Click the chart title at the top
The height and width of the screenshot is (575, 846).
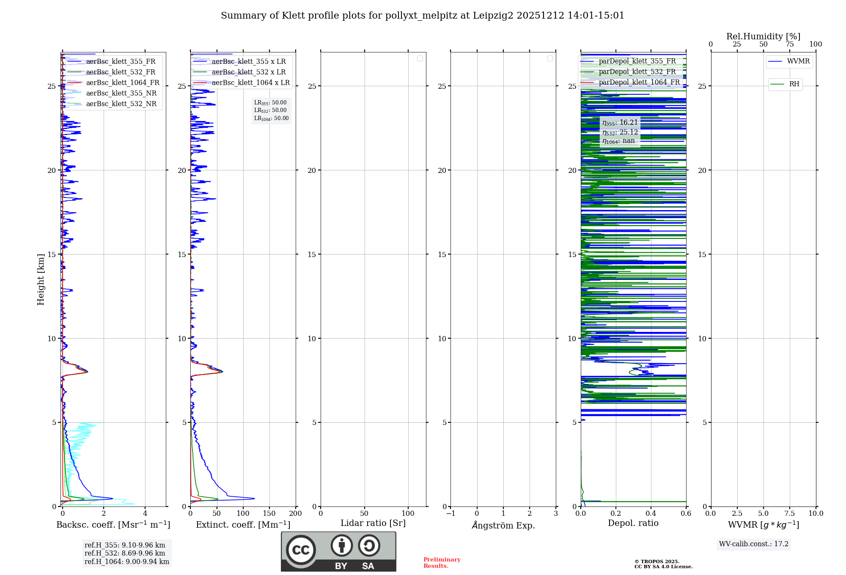tap(423, 16)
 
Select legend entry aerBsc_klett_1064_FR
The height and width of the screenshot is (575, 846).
tap(122, 83)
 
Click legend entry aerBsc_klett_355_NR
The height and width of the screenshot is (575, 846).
tap(121, 93)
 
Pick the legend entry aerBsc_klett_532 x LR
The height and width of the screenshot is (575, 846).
tap(248, 72)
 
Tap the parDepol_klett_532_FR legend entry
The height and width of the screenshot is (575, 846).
tap(637, 72)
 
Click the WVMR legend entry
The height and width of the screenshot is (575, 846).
tap(798, 61)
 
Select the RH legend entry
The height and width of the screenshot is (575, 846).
tap(794, 84)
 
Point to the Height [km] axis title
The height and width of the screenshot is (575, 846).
tap(41, 279)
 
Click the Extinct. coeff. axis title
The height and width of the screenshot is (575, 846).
tap(243, 525)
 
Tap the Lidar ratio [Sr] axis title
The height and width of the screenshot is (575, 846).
tap(373, 523)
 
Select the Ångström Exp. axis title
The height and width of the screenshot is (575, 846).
tap(503, 526)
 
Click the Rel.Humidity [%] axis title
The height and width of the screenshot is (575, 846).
tap(763, 36)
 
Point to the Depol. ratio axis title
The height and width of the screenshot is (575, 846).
tap(633, 523)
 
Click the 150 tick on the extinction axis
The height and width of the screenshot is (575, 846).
tap(269, 514)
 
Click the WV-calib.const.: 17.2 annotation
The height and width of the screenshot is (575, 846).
tap(754, 544)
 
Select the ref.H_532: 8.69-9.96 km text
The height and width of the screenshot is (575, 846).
tap(125, 553)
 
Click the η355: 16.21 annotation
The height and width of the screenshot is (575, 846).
tap(620, 123)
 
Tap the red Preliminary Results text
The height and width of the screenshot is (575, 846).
tap(442, 563)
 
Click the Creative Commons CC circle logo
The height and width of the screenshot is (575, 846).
tap(301, 550)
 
